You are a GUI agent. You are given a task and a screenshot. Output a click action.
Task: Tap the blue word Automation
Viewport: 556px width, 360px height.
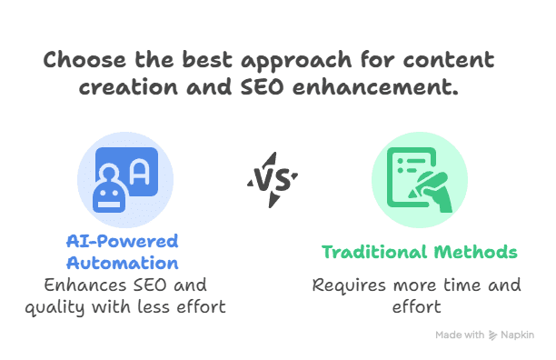tap(122, 263)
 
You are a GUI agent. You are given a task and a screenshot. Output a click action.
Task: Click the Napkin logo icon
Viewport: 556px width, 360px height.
tap(492, 335)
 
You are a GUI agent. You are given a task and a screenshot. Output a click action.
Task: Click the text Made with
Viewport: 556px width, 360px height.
tap(460, 335)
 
